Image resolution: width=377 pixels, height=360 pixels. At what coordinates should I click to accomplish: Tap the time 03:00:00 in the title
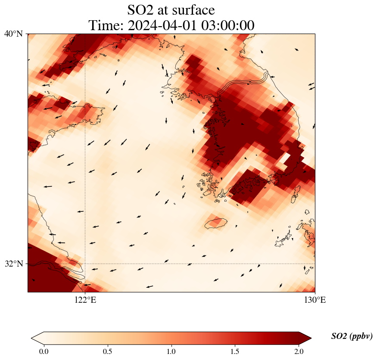pos(226,25)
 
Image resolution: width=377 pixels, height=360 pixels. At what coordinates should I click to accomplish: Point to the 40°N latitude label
pos(14,34)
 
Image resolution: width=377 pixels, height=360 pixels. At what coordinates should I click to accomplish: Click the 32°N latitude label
pos(14,264)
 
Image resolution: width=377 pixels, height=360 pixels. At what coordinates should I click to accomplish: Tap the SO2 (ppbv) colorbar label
pos(352,336)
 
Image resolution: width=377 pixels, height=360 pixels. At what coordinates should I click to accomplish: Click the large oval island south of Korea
pos(216,223)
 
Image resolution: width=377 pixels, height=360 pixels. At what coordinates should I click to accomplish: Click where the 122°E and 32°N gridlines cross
pos(85,264)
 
